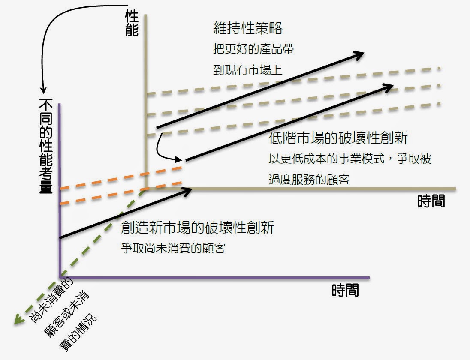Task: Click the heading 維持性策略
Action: click(248, 29)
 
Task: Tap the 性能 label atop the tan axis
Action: click(132, 23)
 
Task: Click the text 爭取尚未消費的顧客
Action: click(173, 248)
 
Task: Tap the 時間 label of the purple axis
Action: click(345, 291)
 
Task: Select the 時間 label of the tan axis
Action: click(431, 201)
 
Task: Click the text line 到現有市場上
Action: click(248, 69)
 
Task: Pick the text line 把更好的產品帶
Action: click(253, 49)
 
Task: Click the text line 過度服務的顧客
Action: click(309, 179)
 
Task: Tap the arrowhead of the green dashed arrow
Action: click(18, 319)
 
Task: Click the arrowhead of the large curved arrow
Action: click(43, 90)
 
